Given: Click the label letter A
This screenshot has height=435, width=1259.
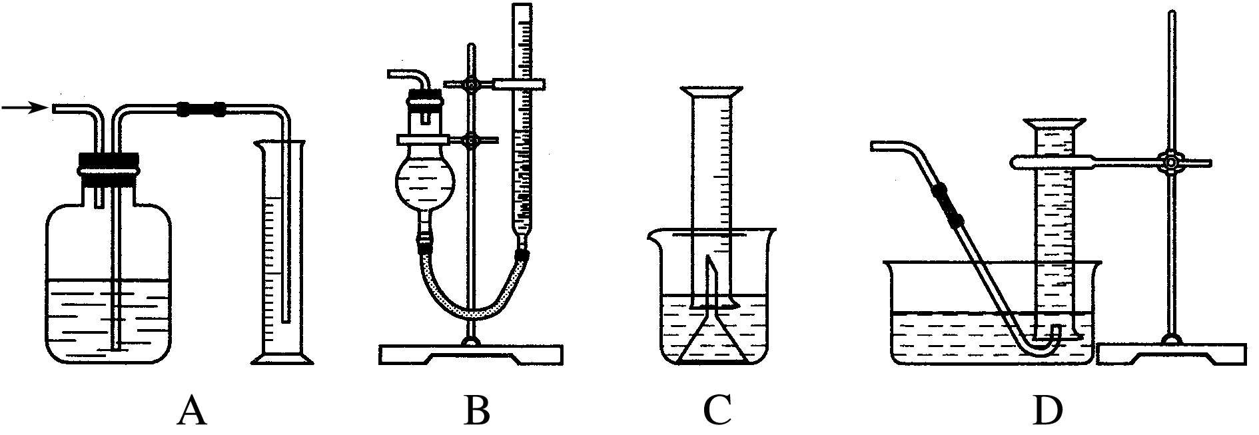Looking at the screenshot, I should pos(191,411).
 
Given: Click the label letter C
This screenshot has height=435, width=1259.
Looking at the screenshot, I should pos(717,411).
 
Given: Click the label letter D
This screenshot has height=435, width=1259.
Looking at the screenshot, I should pos(1047,411).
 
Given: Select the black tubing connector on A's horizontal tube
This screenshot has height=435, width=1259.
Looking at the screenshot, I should pos(201,108).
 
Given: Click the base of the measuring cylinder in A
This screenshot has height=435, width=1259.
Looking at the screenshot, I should pos(283,360).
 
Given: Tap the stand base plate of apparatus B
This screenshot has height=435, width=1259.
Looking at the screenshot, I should pos(471,353).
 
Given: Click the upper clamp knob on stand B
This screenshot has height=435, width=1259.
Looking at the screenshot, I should pos(472,85).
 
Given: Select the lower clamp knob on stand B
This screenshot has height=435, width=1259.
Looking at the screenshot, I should pos(472,141).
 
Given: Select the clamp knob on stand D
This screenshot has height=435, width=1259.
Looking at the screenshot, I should pos(1170,162).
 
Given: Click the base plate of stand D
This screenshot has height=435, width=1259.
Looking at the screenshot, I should pos(1170,353).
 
